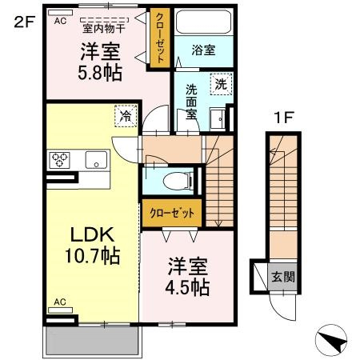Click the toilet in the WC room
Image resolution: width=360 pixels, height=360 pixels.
178,181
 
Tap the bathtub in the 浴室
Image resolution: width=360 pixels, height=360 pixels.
203,22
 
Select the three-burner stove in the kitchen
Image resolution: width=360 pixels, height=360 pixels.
59,160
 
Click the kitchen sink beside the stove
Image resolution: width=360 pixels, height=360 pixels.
96,160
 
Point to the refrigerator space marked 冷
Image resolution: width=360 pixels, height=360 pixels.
126,116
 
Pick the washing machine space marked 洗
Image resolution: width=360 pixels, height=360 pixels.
221,84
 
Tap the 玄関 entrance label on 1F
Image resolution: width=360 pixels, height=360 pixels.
283,277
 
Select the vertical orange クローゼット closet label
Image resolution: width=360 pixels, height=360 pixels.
160,38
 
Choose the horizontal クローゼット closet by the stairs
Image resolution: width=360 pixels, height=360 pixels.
172,213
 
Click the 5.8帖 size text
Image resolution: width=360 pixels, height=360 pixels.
100,73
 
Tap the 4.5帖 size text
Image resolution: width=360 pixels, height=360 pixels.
187,287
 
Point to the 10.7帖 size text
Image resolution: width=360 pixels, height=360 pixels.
93,255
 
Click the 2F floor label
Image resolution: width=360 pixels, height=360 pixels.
25,22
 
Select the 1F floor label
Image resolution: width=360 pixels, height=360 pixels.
284,118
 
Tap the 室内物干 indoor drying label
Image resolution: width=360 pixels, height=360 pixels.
104,29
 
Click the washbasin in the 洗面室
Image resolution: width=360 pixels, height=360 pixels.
218,119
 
